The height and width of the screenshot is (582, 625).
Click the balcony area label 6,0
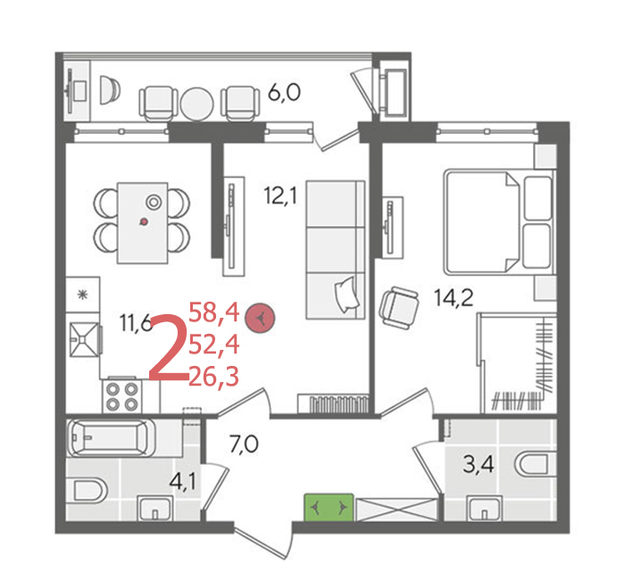284,93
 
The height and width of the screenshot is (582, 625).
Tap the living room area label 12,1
280,195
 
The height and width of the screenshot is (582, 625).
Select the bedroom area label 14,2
454,297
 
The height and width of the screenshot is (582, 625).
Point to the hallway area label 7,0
244,444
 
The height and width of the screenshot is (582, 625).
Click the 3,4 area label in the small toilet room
479,464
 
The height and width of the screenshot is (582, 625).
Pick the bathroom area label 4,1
182,482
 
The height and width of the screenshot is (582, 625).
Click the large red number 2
168,347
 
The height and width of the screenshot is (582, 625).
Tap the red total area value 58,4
214,312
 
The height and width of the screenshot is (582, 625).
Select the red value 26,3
214,377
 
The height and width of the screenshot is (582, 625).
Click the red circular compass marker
260,318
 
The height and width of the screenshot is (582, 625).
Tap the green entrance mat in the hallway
329,507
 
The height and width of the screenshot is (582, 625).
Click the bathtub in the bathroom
112,437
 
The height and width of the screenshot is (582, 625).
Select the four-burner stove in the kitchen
122,396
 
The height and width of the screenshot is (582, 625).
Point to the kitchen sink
84,339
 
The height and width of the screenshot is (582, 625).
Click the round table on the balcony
196,104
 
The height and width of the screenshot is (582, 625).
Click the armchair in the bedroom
399,308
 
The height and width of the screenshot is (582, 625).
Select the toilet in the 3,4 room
535,465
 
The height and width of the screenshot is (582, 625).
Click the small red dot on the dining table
145,221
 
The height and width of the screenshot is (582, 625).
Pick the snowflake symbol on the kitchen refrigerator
82,295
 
